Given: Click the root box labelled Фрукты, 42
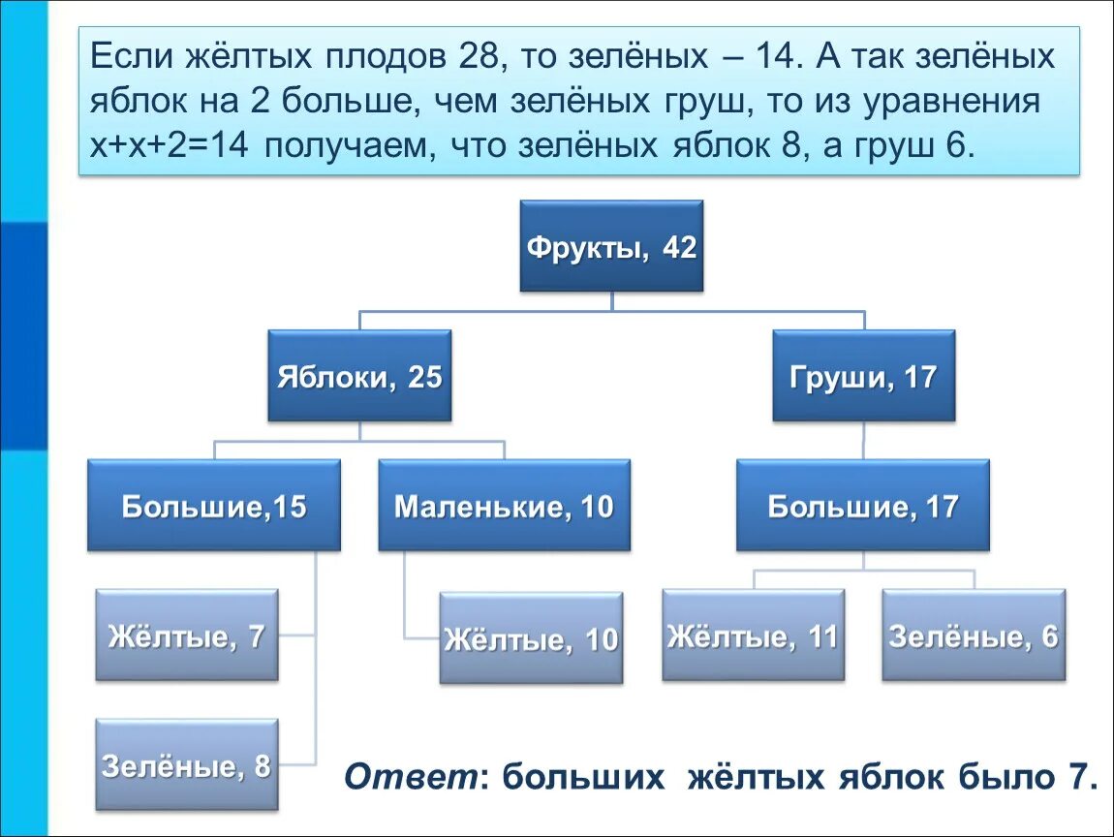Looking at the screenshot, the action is pos(611,246).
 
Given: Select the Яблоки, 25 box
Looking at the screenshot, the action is pos(359,376).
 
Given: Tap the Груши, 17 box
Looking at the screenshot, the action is pos(863,376).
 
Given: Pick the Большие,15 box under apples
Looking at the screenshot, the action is pos(214,506).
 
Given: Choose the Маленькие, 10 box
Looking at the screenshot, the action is pos(504,506).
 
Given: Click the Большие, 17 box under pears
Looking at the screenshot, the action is pos(863,506).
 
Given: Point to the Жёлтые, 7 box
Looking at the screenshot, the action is pos(187,635).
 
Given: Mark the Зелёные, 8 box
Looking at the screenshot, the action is pos(187,765).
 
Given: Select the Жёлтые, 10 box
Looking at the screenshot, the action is pos(531,639).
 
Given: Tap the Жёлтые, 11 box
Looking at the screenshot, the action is pos(753,635).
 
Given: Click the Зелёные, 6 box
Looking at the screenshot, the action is pos(974,635).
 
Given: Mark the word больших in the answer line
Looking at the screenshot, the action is pos(585,777).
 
